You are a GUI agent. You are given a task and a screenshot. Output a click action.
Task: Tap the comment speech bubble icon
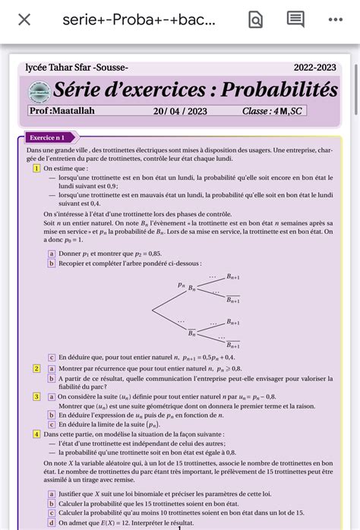tap(295, 20)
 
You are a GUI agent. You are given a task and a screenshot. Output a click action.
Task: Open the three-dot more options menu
tap(335, 20)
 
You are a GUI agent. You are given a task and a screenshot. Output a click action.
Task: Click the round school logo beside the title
tap(37, 91)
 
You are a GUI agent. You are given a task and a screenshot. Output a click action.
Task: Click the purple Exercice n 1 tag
tap(46, 137)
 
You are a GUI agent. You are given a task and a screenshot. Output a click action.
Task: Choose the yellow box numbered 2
tap(36, 368)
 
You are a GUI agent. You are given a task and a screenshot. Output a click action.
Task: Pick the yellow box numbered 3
tap(36, 396)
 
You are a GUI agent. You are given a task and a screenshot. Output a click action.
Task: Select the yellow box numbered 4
tap(36, 434)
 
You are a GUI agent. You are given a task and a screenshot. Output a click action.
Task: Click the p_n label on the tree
tap(182, 285)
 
